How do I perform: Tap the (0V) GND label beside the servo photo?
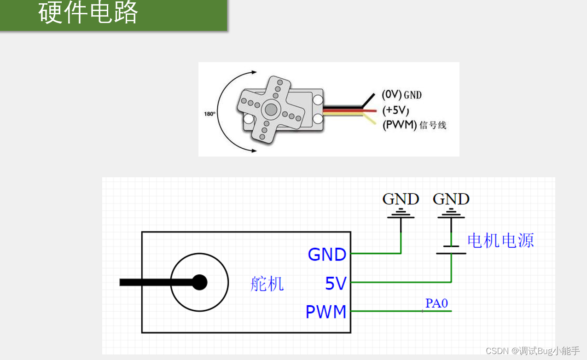point(401,95)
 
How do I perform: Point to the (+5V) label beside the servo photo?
point(395,110)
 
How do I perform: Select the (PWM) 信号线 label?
point(414,125)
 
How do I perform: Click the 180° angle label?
point(209,114)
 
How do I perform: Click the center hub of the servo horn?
point(271,110)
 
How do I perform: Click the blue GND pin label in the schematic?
point(327,254)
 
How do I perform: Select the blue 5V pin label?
point(335,284)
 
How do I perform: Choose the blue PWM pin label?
point(326,312)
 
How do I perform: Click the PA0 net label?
point(436,303)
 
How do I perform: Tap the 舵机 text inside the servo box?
point(267,284)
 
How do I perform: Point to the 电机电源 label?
point(500,240)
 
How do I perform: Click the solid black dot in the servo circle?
point(199,283)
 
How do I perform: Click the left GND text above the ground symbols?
point(401,199)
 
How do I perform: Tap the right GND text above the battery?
point(451,199)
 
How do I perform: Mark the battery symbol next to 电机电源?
point(451,249)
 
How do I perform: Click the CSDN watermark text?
point(533,351)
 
